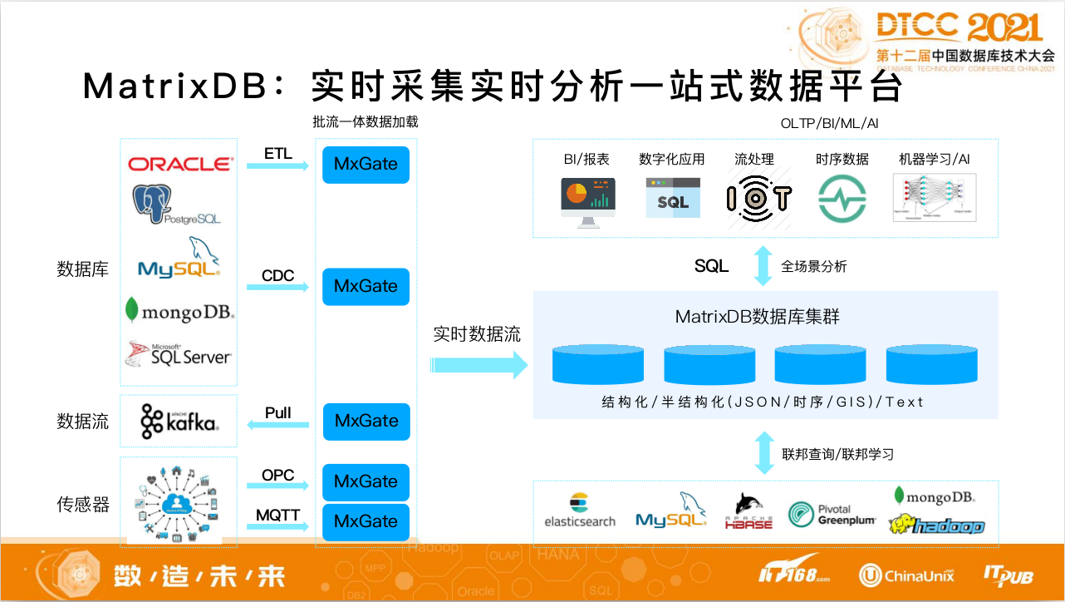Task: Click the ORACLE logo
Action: tap(180, 164)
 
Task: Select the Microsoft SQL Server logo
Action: tap(178, 353)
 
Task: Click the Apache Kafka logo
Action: tap(179, 421)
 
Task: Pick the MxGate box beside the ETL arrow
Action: tap(366, 164)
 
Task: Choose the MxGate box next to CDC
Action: tap(366, 286)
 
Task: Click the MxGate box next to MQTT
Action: tap(366, 521)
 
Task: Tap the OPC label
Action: tap(278, 475)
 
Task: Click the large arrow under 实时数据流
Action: tap(479, 364)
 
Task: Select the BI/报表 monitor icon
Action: tap(587, 203)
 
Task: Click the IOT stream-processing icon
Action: tap(758, 198)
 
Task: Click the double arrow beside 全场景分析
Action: tap(762, 266)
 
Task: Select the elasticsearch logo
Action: tap(580, 511)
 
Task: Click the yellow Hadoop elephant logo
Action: tap(935, 525)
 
